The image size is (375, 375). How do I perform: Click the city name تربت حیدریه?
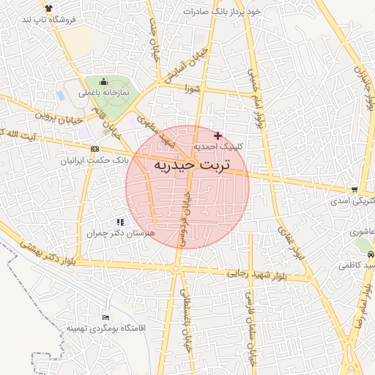coord(192,166)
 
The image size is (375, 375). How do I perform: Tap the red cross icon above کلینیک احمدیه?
coord(217,135)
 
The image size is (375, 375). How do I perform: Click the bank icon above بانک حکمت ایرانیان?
coord(94,149)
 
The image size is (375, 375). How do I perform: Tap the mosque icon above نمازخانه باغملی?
coord(103,82)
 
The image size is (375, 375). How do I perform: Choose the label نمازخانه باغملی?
coord(104,94)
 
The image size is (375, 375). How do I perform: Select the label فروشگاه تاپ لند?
coord(51,20)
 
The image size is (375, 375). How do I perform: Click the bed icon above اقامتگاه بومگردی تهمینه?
coord(106,317)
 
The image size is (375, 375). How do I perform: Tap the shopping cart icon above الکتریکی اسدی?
coord(355,188)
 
